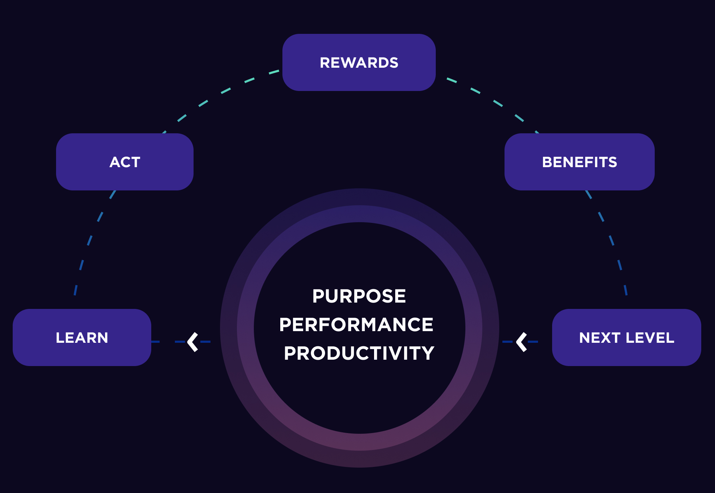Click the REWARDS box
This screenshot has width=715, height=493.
point(359,62)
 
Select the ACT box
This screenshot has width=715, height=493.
point(125,162)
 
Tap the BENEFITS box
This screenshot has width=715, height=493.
point(579,162)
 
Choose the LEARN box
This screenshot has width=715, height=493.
point(82,337)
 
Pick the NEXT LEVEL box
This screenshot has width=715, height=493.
point(627,337)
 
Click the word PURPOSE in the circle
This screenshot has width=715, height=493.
point(359,296)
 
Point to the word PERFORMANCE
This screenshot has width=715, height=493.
point(356,324)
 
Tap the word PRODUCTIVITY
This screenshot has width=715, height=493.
point(359,353)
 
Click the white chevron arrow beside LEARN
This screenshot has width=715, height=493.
point(193,342)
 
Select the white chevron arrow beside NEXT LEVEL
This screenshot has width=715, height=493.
point(522,342)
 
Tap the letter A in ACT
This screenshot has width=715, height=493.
point(115,162)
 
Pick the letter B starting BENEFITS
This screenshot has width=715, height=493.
point(547,162)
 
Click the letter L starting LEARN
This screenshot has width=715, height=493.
point(60,338)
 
